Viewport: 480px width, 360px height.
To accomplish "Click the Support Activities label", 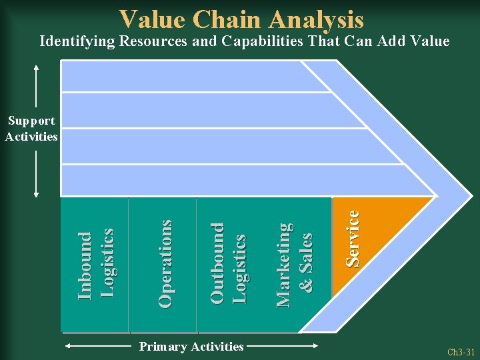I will pos(31,129).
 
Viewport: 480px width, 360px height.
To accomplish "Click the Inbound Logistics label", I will pos(95,264).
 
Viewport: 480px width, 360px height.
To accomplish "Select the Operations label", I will pos(165,264).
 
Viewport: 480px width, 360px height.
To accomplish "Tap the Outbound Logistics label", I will pos(229,264).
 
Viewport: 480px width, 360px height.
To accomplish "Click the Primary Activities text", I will pos(191,346).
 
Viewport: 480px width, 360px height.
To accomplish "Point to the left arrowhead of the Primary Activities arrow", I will pos(69,346).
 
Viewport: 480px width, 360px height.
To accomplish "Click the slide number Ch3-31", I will pos(460,352).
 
